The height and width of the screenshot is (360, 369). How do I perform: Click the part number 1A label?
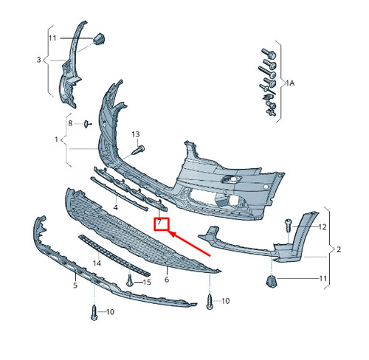pyautogui.click(x=290, y=83)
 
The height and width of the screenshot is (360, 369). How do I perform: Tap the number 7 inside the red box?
pyautogui.click(x=159, y=222)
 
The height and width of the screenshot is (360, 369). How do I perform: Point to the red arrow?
pyautogui.click(x=190, y=243)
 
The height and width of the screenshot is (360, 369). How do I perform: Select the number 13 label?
pyautogui.click(x=136, y=134)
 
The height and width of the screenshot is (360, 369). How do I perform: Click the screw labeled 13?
pyautogui.click(x=139, y=150)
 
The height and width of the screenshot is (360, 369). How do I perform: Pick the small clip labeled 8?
pyautogui.click(x=87, y=124)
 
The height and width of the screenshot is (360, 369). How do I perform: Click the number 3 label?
pyautogui.click(x=38, y=60)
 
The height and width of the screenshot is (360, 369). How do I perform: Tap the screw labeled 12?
pyautogui.click(x=288, y=226)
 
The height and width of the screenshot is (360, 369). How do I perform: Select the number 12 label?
pyautogui.click(x=323, y=227)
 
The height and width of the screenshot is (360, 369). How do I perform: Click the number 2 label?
pyautogui.click(x=339, y=249)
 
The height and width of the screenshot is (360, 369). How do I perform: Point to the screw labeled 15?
pyautogui.click(x=129, y=281)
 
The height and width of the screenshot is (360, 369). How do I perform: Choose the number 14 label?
pyautogui.click(x=97, y=263)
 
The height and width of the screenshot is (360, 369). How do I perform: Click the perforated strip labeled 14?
pyautogui.click(x=114, y=256)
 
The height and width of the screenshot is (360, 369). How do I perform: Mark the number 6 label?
pyautogui.click(x=167, y=280)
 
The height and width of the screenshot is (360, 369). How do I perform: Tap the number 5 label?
pyautogui.click(x=75, y=285)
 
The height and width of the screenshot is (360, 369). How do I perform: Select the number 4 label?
pyautogui.click(x=115, y=207)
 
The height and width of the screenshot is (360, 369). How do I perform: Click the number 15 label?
pyautogui.click(x=147, y=282)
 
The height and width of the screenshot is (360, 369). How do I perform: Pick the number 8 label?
pyautogui.click(x=70, y=123)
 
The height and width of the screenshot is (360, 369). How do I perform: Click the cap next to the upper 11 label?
pyautogui.click(x=99, y=39)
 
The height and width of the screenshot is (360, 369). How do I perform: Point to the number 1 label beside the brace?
pyautogui.click(x=56, y=139)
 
